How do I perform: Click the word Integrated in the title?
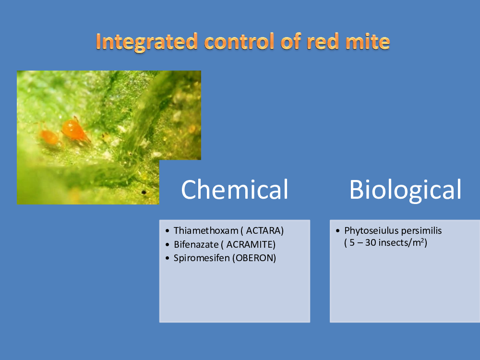(x=146, y=42)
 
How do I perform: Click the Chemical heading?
(x=235, y=190)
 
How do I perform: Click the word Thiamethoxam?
(x=206, y=230)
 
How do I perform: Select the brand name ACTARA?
(x=264, y=230)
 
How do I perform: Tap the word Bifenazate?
(x=196, y=244)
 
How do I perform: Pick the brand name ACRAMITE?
(x=251, y=244)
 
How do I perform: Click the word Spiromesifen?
(x=202, y=258)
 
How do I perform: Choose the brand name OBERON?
(x=254, y=258)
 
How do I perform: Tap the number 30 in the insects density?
(x=371, y=242)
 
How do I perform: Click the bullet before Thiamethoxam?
(x=167, y=231)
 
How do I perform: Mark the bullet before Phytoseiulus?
(x=337, y=231)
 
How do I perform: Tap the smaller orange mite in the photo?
(x=49, y=136)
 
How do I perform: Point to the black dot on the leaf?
(x=144, y=192)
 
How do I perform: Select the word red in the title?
(x=323, y=41)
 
